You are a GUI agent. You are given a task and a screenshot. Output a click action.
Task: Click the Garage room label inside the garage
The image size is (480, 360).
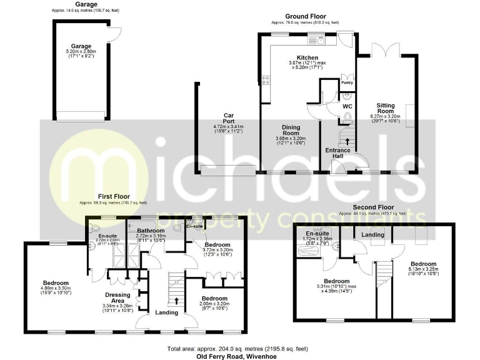[81, 46]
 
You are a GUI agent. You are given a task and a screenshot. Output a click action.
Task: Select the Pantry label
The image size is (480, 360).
[347, 82]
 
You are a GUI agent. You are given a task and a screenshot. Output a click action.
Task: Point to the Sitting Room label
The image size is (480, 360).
[385, 108]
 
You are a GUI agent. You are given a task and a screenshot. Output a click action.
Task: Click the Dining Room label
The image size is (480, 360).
[289, 130]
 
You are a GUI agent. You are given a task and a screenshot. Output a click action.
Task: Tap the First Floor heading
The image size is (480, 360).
[113, 196]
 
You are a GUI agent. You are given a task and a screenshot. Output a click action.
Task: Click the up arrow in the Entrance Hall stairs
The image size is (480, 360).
[347, 142]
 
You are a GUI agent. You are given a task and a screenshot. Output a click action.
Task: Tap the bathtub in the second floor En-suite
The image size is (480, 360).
[310, 251]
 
